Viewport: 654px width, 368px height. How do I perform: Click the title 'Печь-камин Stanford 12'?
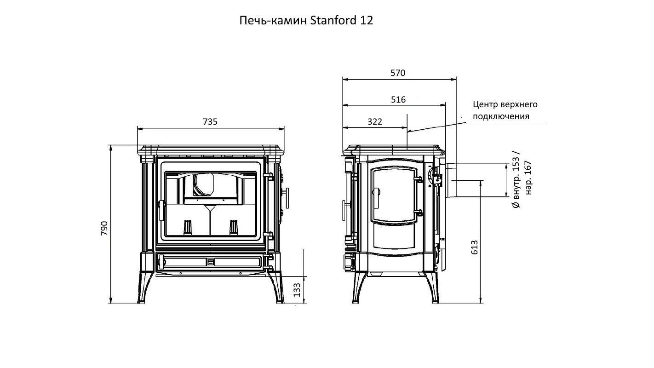pos(306,20)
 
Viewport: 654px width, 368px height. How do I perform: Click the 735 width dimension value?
pos(210,121)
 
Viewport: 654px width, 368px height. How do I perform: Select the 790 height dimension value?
pos(104,229)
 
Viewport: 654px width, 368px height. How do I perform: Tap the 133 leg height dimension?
pos(297,290)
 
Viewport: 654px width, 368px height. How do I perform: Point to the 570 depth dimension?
pos(398,73)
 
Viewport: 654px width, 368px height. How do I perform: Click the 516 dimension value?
pos(398,100)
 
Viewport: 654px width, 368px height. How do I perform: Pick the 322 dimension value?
pos(374,121)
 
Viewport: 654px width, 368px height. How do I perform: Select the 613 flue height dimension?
pos(475,247)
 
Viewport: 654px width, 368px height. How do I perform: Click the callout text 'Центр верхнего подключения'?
pos(505,110)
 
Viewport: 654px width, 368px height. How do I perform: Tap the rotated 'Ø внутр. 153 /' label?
pos(516,179)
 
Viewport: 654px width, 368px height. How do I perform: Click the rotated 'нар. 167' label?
pos(528,178)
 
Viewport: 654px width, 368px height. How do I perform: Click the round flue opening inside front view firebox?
pos(203,184)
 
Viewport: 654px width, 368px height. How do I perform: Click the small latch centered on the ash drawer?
pos(211,262)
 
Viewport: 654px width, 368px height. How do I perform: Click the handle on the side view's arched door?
pos(376,198)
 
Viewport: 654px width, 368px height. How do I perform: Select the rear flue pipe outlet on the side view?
pos(451,180)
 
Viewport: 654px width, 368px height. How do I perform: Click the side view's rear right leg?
pos(432,287)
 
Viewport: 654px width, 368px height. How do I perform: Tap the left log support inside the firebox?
pos(188,227)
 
